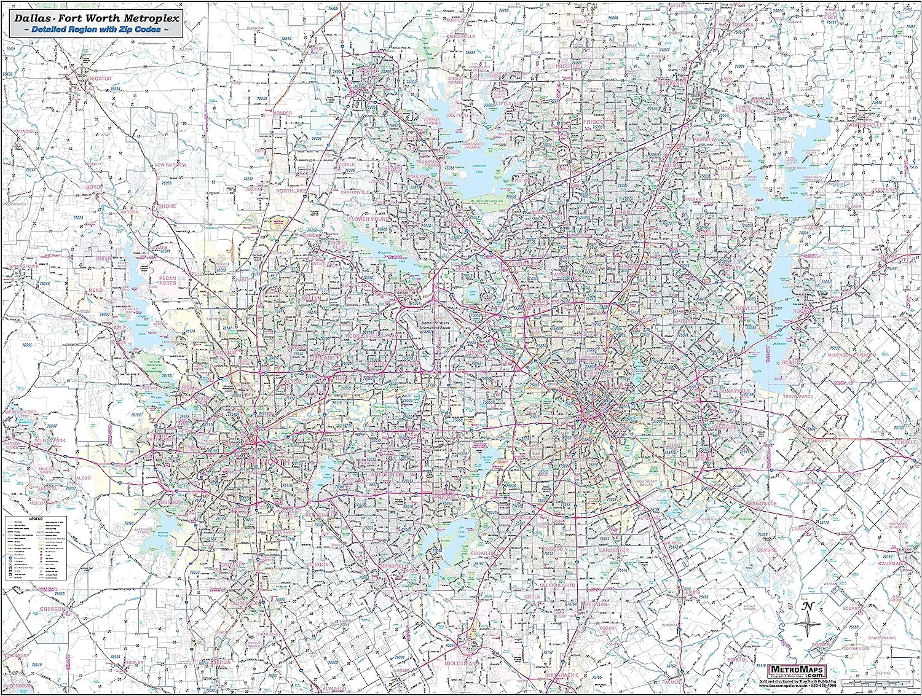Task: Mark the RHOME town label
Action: [167, 206]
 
